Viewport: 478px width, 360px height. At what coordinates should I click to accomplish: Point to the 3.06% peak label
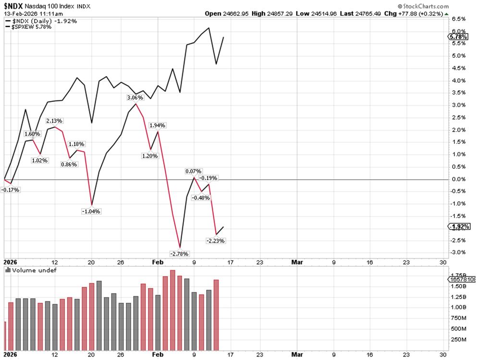[135, 98]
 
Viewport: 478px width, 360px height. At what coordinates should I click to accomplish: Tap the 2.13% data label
[54, 121]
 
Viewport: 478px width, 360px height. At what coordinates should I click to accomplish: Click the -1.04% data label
[91, 211]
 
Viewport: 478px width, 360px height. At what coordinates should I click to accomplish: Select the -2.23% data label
[215, 240]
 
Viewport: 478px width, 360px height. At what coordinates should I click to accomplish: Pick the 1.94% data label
[158, 125]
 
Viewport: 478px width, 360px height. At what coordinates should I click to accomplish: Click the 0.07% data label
[194, 171]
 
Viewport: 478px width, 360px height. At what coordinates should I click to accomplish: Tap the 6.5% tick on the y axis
[459, 19]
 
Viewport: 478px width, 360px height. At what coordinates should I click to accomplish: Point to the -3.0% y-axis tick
[459, 252]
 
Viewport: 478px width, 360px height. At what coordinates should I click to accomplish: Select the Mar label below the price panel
[297, 262]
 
